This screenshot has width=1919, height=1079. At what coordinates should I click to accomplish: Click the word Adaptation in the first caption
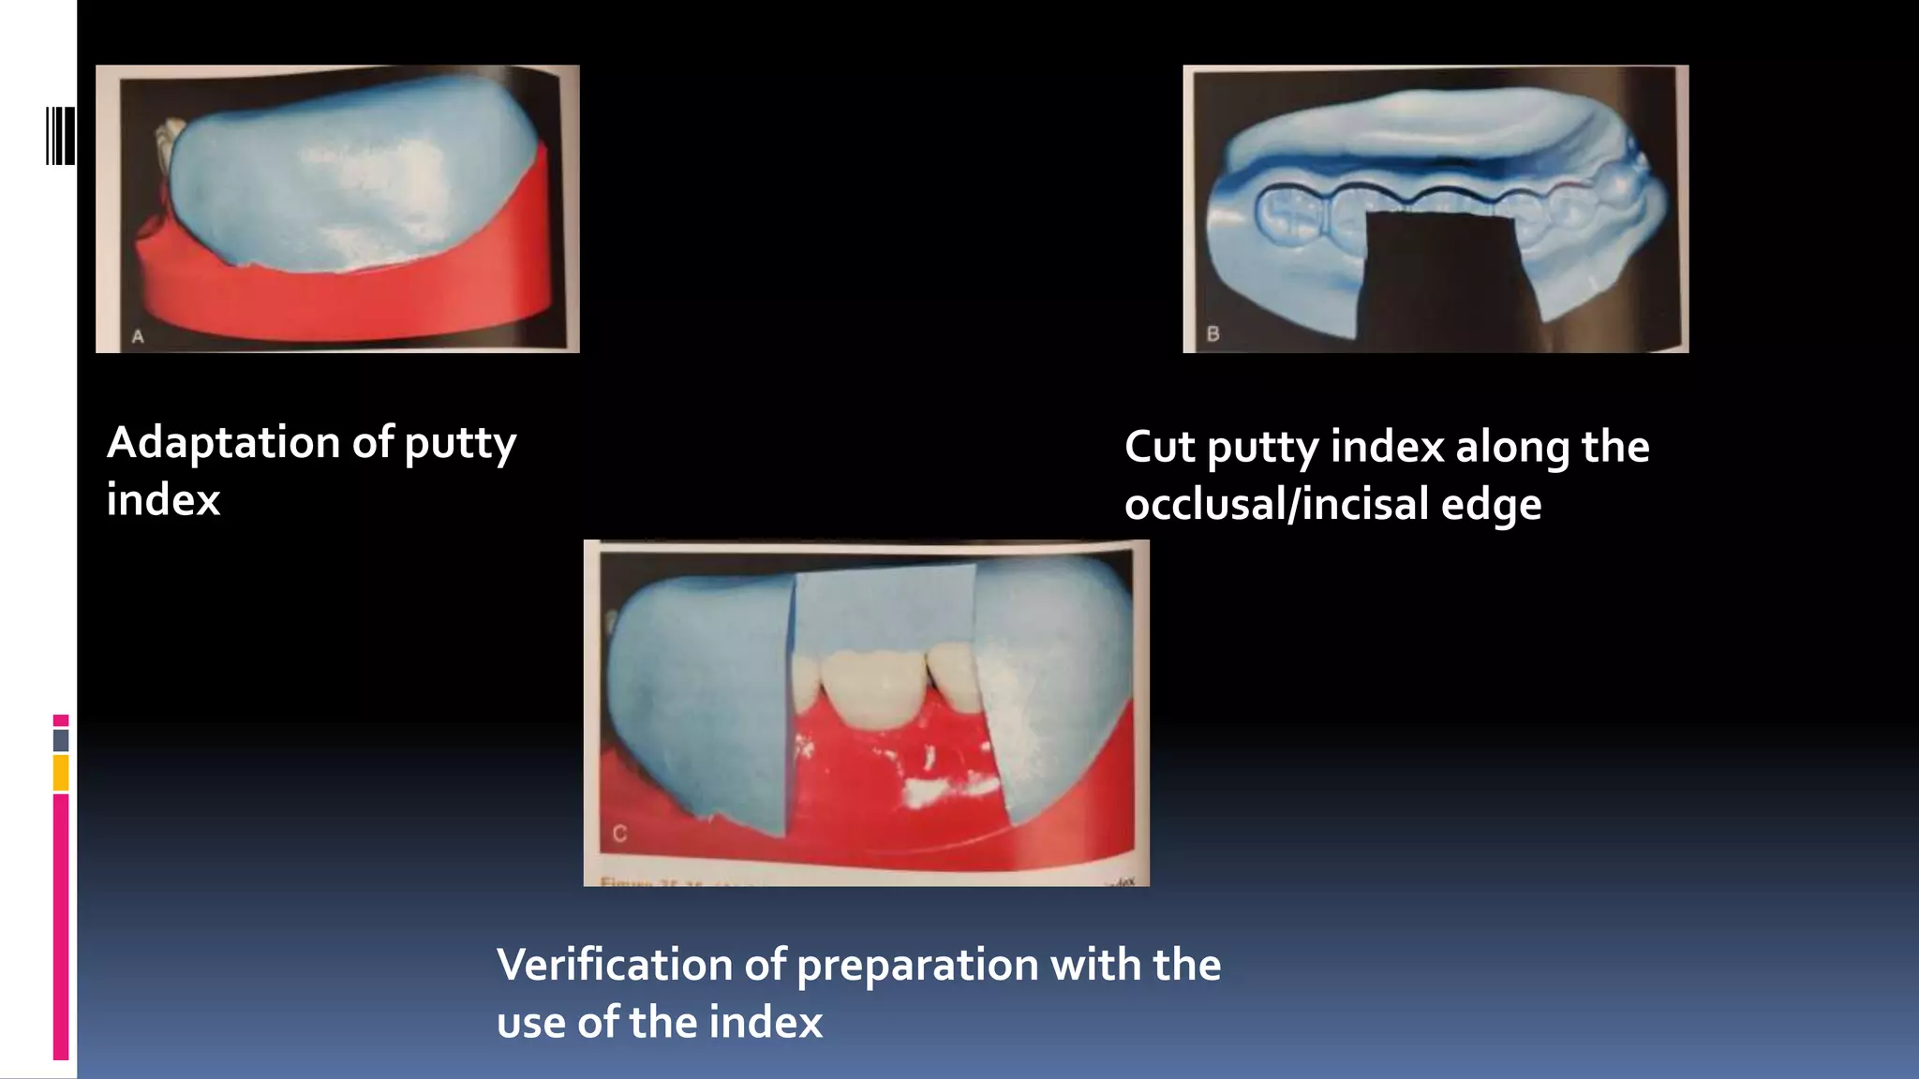(223, 442)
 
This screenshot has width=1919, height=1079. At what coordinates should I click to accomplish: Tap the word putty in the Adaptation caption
(459, 444)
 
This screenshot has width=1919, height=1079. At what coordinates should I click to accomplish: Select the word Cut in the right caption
(1159, 447)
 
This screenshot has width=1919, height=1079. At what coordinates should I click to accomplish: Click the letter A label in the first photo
(138, 336)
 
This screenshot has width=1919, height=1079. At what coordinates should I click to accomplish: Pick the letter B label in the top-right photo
(1212, 333)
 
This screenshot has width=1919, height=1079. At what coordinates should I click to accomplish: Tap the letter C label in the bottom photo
(619, 834)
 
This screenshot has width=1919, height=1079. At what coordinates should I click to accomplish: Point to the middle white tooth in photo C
(869, 688)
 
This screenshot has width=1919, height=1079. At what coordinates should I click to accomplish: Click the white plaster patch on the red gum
(937, 792)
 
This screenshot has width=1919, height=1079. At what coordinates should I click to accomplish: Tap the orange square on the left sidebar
(61, 773)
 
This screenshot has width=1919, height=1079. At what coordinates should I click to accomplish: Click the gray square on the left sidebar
(61, 740)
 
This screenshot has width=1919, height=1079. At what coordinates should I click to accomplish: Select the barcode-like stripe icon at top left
(60, 136)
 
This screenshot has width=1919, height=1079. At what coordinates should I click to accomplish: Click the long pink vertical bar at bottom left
(61, 927)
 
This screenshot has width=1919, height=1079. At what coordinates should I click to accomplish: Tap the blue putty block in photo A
(347, 178)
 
